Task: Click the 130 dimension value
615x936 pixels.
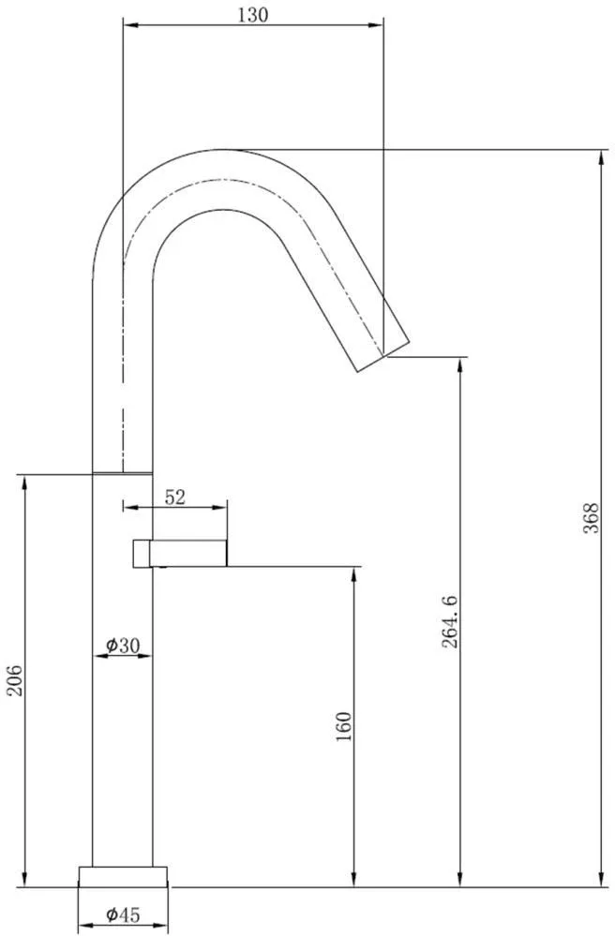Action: pos(253,15)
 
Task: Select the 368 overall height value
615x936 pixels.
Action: pos(591,518)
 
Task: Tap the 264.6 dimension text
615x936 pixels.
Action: pos(450,622)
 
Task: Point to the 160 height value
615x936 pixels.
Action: pos(344,726)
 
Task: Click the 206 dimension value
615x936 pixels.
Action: pos(14,680)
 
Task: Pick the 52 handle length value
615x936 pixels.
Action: pos(175,497)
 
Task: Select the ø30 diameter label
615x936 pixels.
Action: pos(123,645)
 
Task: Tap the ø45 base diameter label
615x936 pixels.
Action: pos(123,914)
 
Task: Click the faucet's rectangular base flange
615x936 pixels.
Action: pos(123,876)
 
